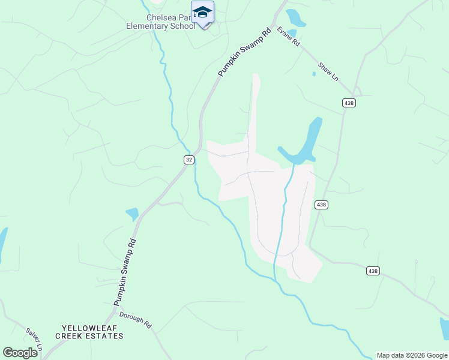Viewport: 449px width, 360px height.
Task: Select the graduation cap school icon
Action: pyautogui.click(x=202, y=12)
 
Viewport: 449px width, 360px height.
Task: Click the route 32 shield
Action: pyautogui.click(x=188, y=159)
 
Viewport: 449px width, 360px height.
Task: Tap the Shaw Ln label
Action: pyautogui.click(x=328, y=71)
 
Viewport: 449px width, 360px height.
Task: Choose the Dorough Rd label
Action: pyautogui.click(x=135, y=320)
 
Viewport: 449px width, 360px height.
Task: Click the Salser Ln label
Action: pyautogui.click(x=34, y=339)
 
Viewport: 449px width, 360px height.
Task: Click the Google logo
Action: pyautogui.click(x=20, y=353)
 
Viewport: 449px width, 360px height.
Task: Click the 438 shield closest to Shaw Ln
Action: pyautogui.click(x=349, y=103)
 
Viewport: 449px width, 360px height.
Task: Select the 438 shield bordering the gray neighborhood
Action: pyautogui.click(x=321, y=205)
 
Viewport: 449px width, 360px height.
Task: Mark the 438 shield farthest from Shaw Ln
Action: pyautogui.click(x=373, y=271)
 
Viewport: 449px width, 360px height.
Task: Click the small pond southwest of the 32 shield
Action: pyautogui.click(x=132, y=214)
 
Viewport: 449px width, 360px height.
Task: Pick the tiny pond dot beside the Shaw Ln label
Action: pyautogui.click(x=313, y=74)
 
